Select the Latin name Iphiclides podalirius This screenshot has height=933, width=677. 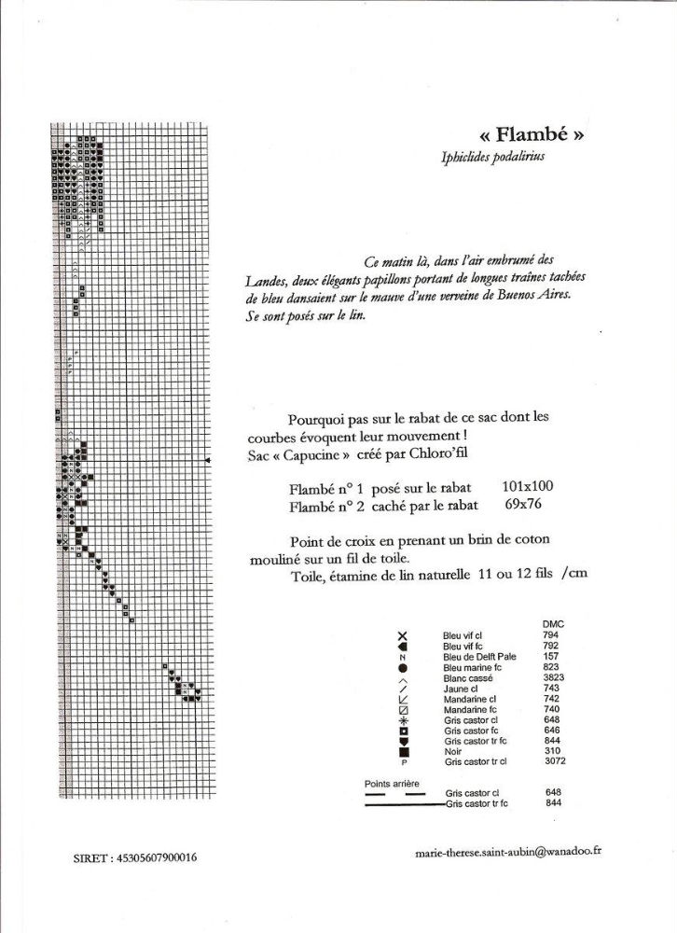(x=493, y=158)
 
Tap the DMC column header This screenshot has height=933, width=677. (x=552, y=623)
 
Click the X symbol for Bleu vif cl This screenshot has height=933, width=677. (x=403, y=634)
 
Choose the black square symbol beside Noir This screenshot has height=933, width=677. (x=403, y=750)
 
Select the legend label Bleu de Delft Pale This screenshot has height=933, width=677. (x=479, y=657)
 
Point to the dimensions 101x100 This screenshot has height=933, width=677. (x=528, y=487)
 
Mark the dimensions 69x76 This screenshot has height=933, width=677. (x=522, y=505)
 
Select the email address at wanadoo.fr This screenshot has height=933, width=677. (x=508, y=853)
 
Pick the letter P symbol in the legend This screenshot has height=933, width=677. (x=403, y=762)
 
